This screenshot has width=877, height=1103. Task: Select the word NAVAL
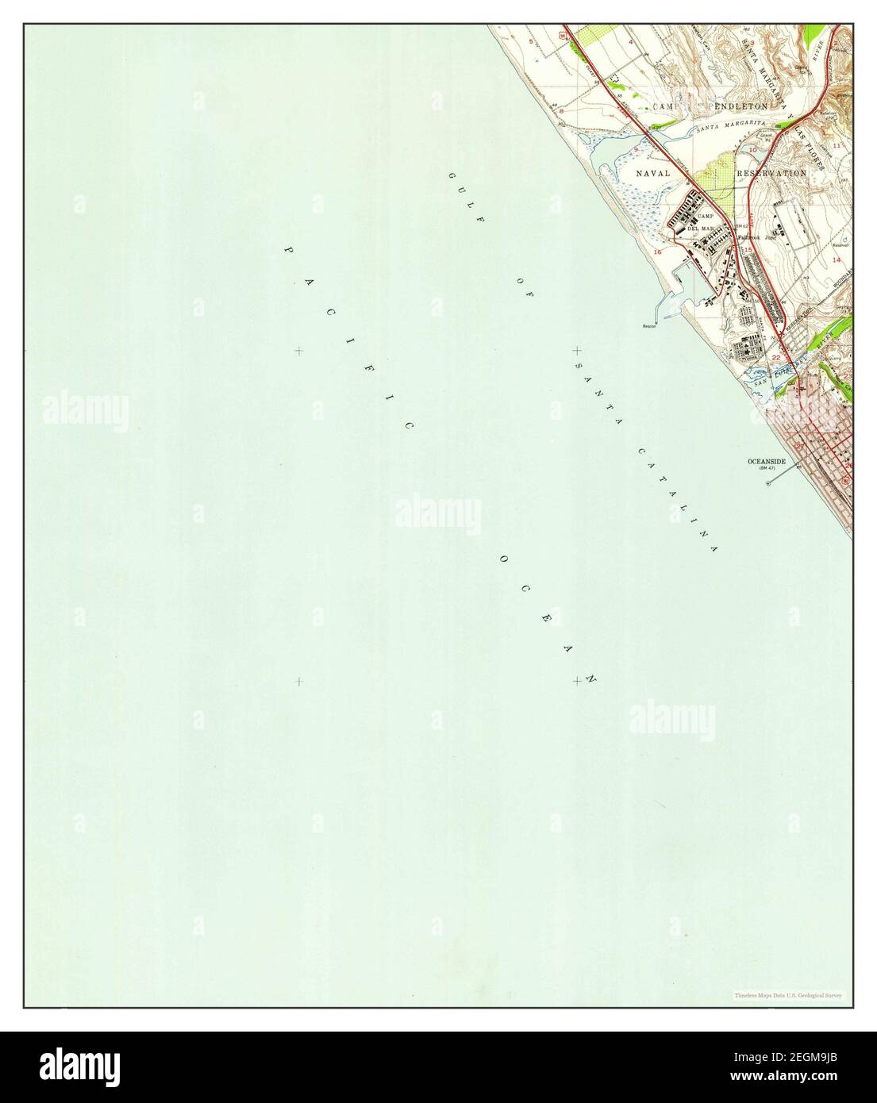click(652, 172)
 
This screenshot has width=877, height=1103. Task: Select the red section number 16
click(657, 252)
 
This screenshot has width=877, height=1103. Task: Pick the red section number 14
click(836, 259)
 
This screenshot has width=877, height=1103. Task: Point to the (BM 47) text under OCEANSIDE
click(768, 468)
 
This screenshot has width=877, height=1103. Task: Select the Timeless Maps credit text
click(788, 994)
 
